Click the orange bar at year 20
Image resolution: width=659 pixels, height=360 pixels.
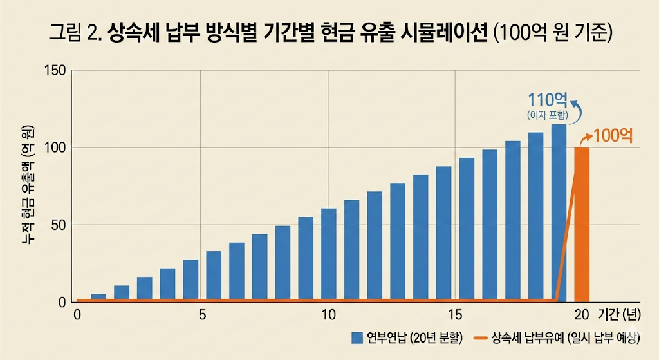[582, 224]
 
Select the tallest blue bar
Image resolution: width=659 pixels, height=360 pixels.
[559, 213]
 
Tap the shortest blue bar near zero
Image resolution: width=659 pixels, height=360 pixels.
[98, 298]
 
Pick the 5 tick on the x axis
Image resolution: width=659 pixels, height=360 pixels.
[202, 315]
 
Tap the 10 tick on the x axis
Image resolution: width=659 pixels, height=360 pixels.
[328, 315]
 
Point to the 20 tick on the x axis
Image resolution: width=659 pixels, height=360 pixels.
[581, 315]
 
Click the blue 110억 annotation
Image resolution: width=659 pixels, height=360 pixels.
[547, 100]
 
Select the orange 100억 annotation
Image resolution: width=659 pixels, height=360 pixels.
[613, 136]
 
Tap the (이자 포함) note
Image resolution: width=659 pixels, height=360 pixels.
[547, 115]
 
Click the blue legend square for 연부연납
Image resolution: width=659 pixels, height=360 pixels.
[358, 337]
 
